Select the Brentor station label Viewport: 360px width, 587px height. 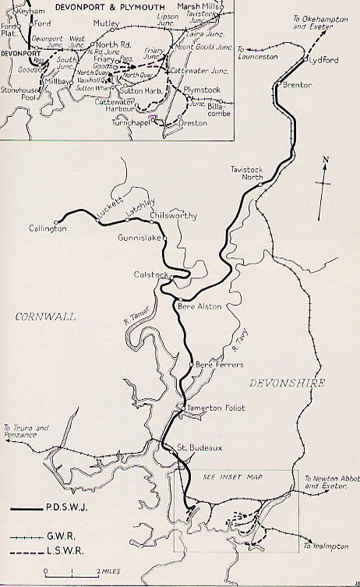297,84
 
